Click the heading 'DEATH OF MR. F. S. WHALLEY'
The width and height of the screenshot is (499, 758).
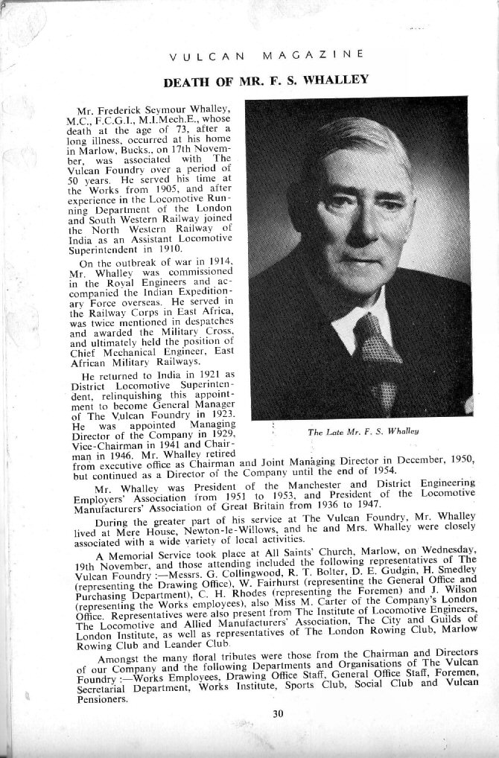(x=265, y=80)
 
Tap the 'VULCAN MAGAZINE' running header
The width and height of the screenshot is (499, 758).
(x=266, y=54)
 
